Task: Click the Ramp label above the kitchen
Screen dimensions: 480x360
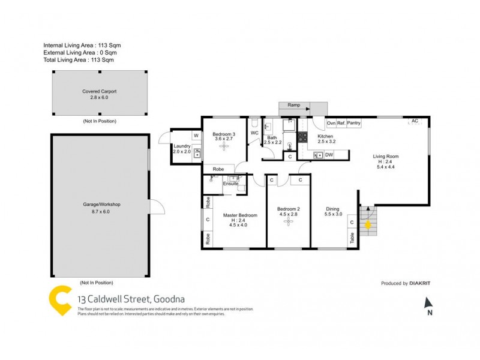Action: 294,105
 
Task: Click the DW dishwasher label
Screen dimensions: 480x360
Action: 329,155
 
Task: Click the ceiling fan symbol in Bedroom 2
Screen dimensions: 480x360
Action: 289,222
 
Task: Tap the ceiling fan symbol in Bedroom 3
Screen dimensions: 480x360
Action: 223,146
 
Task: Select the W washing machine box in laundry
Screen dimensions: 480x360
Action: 196,136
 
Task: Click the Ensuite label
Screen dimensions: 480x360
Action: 230,184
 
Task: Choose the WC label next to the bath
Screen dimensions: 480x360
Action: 254,133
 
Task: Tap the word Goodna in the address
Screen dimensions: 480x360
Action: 170,299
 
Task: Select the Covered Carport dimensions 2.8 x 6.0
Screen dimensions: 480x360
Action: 100,97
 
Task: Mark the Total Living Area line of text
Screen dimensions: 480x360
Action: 79,60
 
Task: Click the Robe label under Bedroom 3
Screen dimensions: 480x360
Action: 218,169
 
